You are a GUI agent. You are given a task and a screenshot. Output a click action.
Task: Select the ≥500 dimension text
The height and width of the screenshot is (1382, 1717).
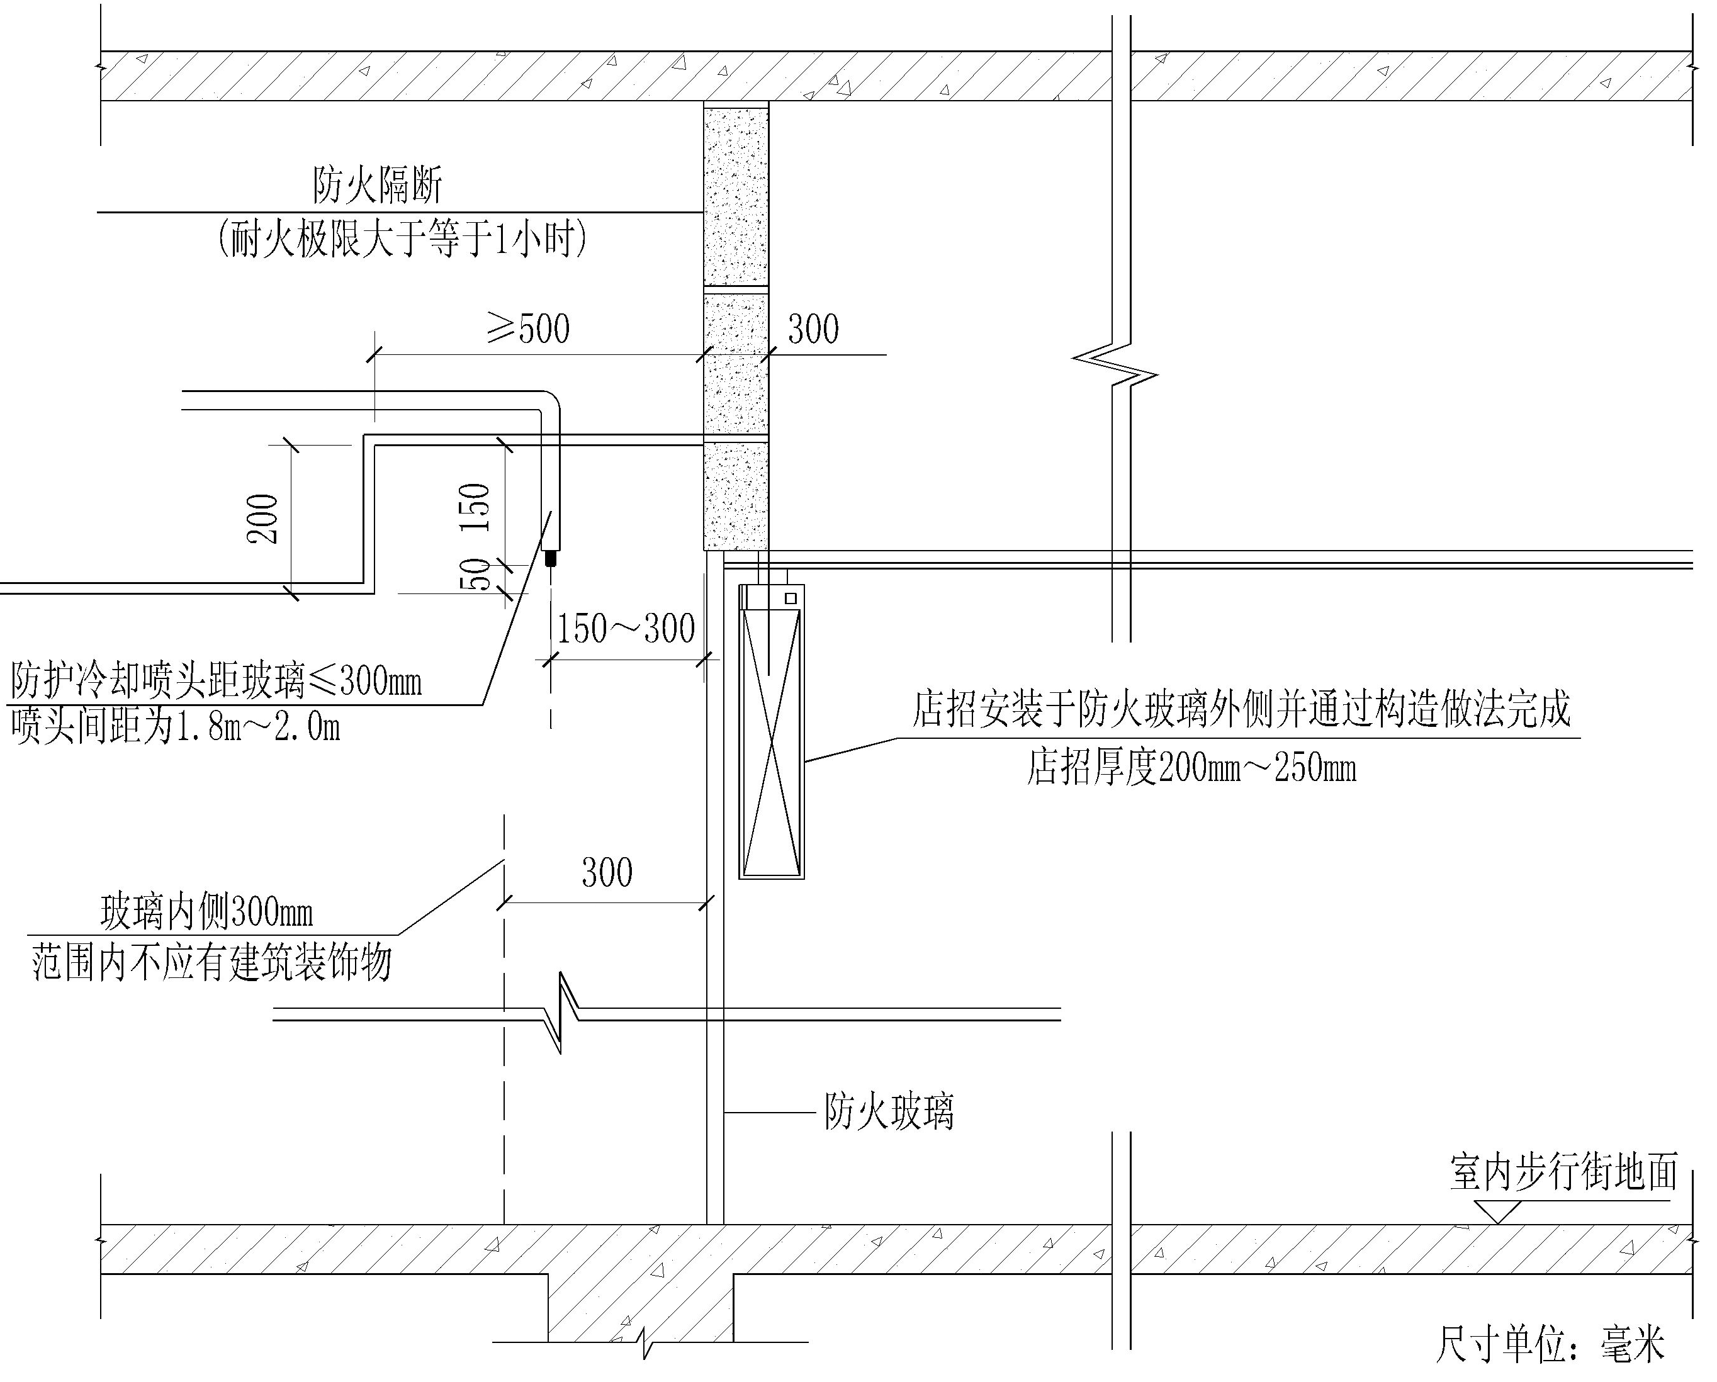(529, 329)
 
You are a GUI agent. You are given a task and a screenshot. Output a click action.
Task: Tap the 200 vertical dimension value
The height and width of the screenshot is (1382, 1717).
(264, 519)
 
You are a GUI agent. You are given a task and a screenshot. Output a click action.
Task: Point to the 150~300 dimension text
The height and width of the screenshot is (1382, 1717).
(625, 629)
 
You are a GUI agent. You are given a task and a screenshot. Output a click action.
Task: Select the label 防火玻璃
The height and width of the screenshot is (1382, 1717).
(889, 1111)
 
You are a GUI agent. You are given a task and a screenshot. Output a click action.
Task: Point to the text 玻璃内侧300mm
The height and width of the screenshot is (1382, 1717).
(207, 913)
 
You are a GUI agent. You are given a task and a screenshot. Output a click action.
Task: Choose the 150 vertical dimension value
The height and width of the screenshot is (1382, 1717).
(475, 507)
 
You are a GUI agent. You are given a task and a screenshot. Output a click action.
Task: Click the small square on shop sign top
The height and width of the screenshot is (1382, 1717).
(791, 598)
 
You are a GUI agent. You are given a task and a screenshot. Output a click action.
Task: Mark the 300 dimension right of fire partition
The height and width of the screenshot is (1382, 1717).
(813, 329)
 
